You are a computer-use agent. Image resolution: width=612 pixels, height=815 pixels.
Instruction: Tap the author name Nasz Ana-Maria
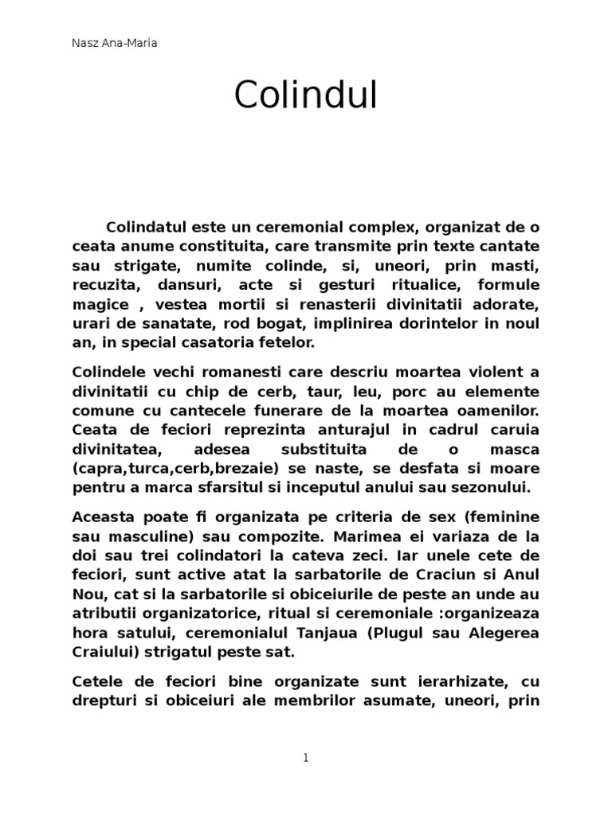114,43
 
